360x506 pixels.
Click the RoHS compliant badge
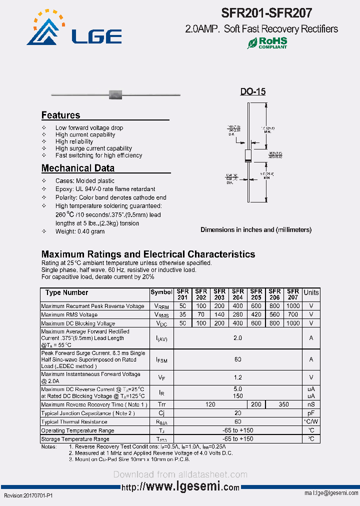point(267,43)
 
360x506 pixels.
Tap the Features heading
point(60,115)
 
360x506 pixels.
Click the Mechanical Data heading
point(77,168)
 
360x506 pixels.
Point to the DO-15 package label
point(252,91)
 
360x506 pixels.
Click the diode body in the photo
point(115,93)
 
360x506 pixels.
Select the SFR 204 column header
point(237,294)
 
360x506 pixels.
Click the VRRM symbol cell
point(161,306)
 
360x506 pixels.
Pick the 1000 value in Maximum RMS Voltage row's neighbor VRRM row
point(293,306)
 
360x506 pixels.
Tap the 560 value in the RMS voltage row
point(274,314)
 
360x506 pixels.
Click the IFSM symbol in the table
point(161,359)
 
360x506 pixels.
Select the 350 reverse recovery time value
point(283,404)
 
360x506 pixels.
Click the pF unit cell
point(311,413)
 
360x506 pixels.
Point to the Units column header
point(311,293)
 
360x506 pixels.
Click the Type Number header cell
point(66,293)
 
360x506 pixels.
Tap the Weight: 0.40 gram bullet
point(80,231)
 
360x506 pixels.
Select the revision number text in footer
point(28,494)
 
